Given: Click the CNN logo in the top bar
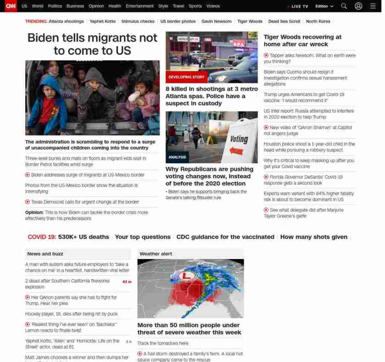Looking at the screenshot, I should (x=10, y=6).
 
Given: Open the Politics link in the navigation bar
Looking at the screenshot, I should (x=55, y=6).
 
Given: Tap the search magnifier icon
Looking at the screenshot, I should (x=344, y=6).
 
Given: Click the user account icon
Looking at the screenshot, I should (x=358, y=6).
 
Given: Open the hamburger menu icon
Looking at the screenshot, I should (x=373, y=6).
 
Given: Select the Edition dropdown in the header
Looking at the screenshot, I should (x=324, y=6).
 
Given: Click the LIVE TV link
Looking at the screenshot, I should (x=299, y=6).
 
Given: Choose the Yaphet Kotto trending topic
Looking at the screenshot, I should (x=103, y=22).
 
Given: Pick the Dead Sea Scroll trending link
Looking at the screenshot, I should (x=284, y=22).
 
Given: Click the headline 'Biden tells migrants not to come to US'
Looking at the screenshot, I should (x=92, y=44).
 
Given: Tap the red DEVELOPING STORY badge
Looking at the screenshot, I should (x=186, y=77).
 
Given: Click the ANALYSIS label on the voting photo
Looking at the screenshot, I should (x=177, y=157).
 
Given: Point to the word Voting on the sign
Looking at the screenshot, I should (x=239, y=139).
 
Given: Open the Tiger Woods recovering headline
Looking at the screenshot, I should (x=302, y=40).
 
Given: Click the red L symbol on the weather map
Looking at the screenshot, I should (x=187, y=276).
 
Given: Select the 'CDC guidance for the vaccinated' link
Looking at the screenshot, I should (x=225, y=237).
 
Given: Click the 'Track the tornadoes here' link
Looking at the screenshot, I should (x=163, y=343).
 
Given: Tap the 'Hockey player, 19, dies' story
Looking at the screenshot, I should (x=71, y=314).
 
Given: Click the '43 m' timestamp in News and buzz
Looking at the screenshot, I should (x=126, y=282).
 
